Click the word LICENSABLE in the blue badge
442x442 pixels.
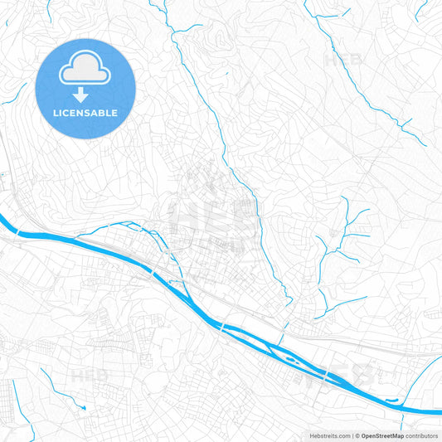click(85, 113)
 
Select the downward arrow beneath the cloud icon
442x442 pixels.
click(80, 94)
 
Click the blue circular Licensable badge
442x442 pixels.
click(85, 88)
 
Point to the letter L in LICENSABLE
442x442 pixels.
click(56, 113)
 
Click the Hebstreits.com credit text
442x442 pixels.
click(328, 435)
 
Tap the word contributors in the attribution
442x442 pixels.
click(421, 435)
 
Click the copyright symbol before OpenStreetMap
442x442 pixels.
click(357, 435)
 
